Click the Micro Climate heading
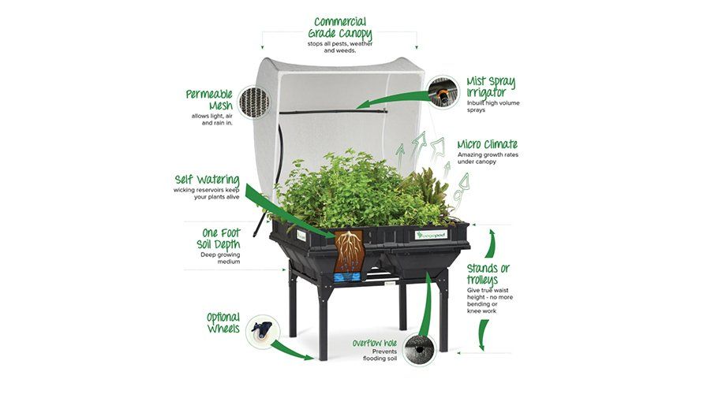pyautogui.click(x=488, y=144)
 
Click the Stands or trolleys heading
pyautogui.click(x=488, y=274)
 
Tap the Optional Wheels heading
pyautogui.click(x=223, y=322)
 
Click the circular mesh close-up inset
pyautogui.click(x=260, y=103)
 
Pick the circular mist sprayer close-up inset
pyautogui.click(x=443, y=93)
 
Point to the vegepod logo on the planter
pyautogui.click(x=432, y=234)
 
